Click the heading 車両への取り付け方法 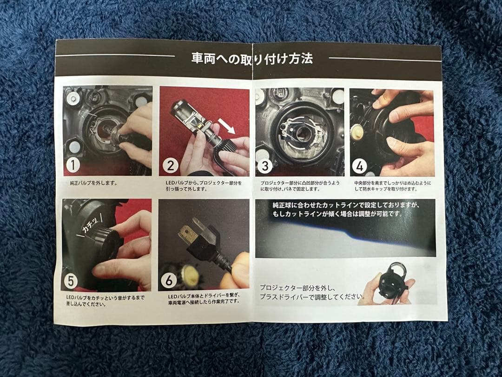(x=252, y=59)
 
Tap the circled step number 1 (x=73, y=165)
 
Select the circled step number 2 (x=170, y=165)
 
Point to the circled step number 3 (x=265, y=166)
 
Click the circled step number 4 (x=359, y=166)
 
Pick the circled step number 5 (x=71, y=281)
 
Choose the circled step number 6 (x=168, y=281)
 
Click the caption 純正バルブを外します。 (x=93, y=183)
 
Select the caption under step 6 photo (x=204, y=298)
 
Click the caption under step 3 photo (x=300, y=186)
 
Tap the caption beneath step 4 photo (x=392, y=186)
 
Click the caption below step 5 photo (x=105, y=301)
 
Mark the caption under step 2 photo (x=204, y=186)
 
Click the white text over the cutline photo (x=346, y=209)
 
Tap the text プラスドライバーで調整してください (x=312, y=297)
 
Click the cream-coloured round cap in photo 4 (x=356, y=132)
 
